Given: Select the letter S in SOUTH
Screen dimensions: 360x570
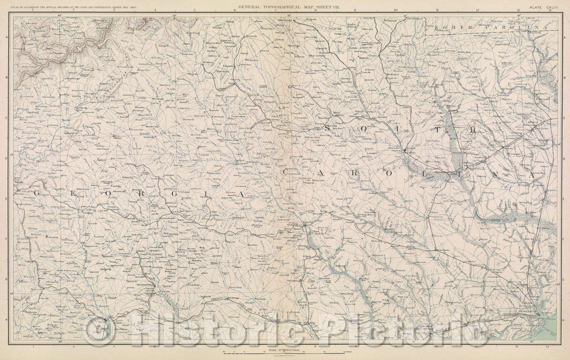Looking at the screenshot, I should (x=328, y=128).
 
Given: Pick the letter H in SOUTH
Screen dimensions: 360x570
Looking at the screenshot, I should (x=473, y=128).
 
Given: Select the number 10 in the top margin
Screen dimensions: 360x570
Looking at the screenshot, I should (x=395, y=11).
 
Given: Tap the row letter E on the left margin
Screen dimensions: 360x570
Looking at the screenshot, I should (x=6, y=200).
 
